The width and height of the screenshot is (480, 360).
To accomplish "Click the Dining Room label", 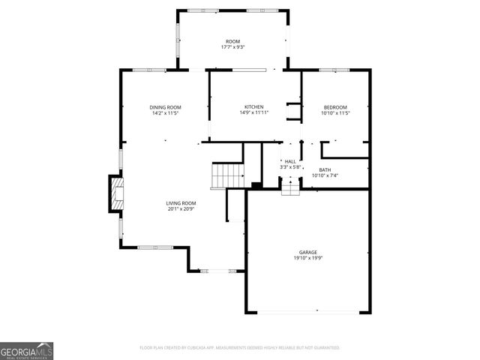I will pos(166,107).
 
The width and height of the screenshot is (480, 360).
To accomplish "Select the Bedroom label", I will pos(335,107).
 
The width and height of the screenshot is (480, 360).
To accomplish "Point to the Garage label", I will pos(307,252).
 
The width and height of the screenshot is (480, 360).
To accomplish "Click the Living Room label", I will pos(181,202).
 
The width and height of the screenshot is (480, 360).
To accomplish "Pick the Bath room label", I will pos(325,169).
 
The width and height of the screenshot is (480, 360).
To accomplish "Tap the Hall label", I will pos(290,161).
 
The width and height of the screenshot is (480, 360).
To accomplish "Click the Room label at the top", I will pos(233,41).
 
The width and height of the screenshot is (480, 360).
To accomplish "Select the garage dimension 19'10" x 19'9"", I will pos(307,258).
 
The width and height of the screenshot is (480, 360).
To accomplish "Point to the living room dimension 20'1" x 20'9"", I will pos(181,208).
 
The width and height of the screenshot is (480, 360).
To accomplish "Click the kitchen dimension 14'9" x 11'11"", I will pos(254,113).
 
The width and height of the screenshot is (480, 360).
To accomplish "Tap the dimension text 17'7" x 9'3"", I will pos(233,47).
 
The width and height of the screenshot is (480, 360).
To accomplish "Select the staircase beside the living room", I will pos(228,175).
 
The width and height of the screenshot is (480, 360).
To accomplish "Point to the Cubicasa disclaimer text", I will pos(240,348).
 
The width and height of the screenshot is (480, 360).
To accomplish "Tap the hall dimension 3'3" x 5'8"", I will pos(290,167).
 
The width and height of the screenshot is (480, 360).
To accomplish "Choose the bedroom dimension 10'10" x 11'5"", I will pos(335,113).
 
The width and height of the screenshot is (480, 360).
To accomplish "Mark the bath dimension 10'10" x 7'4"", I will pos(325,175).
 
